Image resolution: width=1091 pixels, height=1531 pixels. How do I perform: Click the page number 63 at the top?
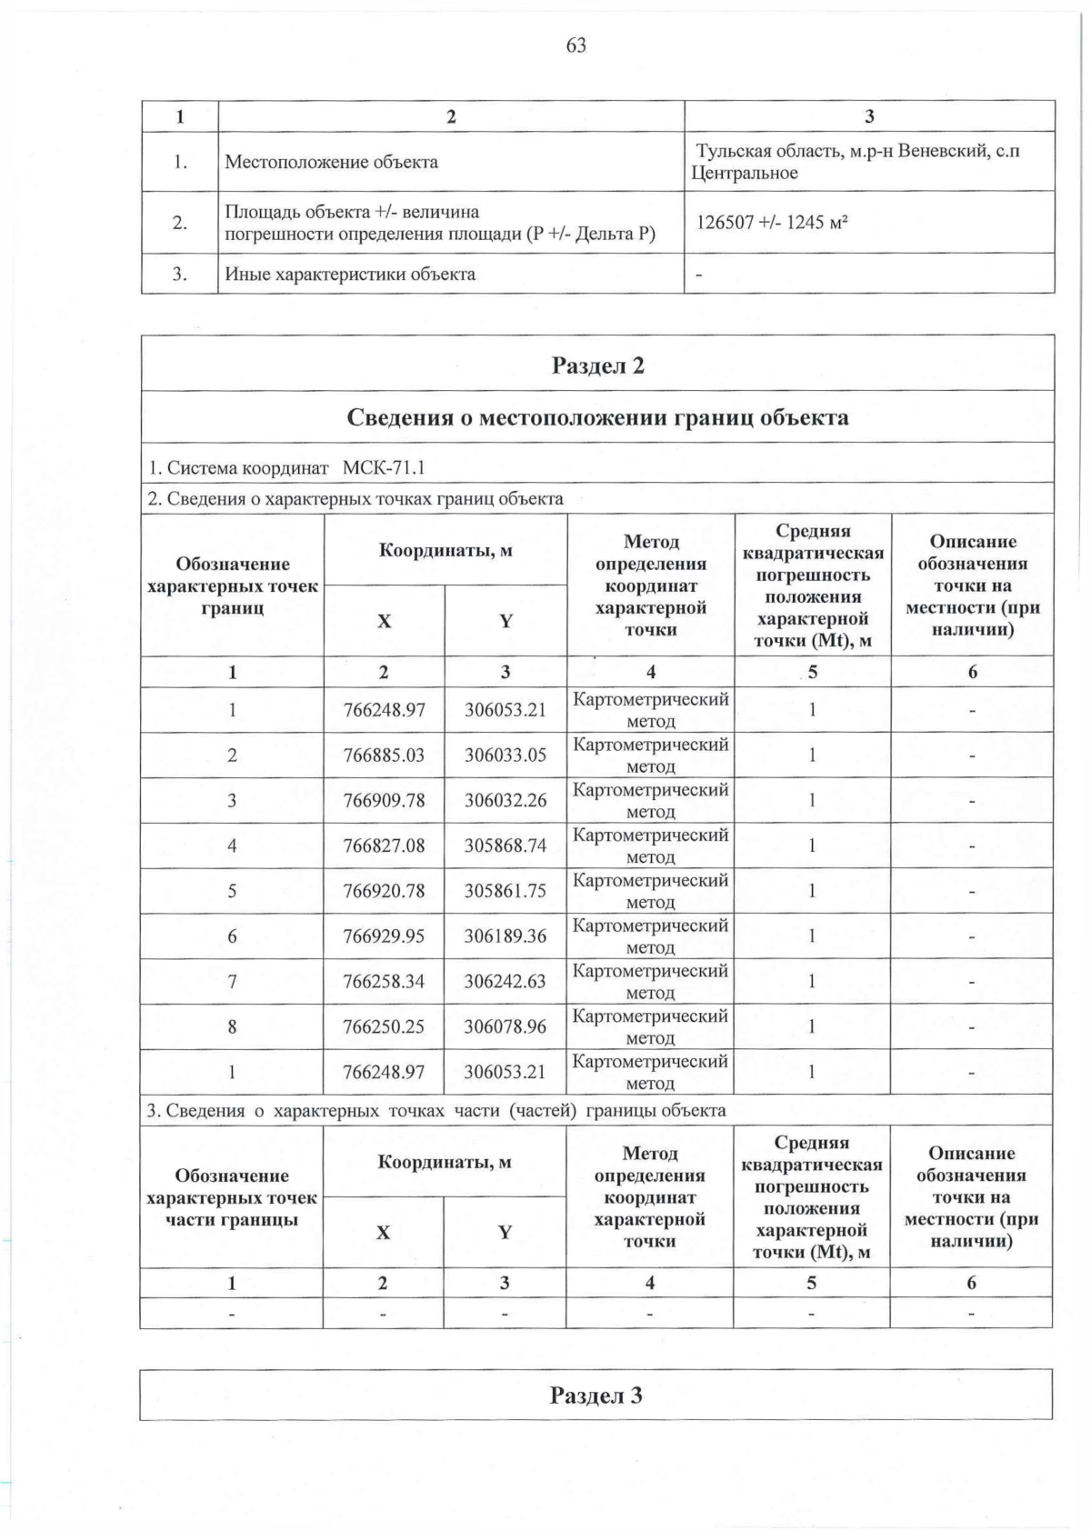point(576,45)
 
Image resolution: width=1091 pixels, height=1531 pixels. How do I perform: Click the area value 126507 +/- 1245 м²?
point(766,222)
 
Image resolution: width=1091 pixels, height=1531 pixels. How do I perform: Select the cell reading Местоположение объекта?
point(331,163)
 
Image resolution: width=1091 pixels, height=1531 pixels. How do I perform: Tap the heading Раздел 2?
point(597,365)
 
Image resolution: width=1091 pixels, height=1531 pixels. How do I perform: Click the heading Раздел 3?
point(596,1396)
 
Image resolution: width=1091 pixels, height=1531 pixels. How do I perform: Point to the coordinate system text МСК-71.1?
point(384,468)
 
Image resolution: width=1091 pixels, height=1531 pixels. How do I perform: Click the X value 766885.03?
point(384,755)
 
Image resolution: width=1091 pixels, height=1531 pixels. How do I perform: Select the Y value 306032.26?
point(505,801)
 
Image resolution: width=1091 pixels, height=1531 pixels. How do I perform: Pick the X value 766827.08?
point(384,846)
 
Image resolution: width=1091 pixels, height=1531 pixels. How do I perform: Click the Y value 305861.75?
point(505,891)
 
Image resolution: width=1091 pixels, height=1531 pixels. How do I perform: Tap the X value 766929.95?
point(384,936)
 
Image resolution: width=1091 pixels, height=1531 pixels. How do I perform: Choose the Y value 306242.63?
point(505,982)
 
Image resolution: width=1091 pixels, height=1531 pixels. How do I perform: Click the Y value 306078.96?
point(505,1027)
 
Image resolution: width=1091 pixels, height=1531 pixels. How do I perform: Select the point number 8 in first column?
point(232,1027)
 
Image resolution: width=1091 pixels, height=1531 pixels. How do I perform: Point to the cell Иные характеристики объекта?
point(350,275)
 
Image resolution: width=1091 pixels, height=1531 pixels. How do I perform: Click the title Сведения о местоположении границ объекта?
point(597,417)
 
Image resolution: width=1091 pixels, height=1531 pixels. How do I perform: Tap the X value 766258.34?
point(384,982)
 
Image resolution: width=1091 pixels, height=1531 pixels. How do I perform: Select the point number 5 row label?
point(232,891)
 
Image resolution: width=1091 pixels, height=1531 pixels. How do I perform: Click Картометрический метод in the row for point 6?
point(650,936)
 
